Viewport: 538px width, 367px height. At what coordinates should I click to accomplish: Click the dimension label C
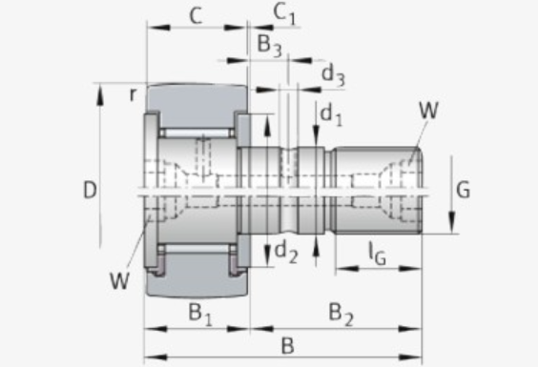point(196,16)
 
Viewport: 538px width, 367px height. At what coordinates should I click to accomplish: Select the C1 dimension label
point(284,14)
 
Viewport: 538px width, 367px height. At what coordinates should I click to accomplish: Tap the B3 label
point(270,46)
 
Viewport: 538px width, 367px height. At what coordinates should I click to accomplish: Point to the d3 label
point(333,75)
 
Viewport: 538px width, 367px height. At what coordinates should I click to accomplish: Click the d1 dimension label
point(331,115)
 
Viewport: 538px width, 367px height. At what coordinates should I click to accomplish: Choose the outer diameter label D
point(90,190)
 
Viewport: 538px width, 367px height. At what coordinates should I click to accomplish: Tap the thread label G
point(463,190)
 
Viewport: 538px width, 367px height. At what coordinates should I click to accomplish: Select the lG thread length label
point(378,255)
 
